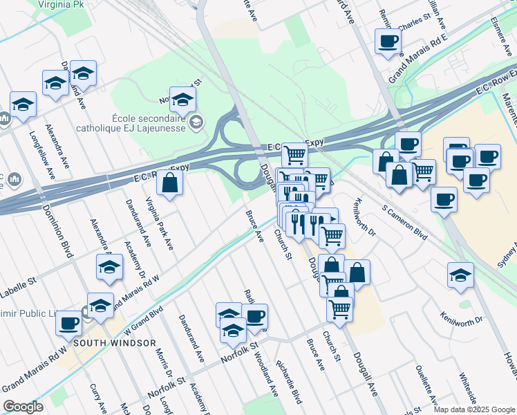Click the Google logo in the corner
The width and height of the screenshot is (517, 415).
pyautogui.click(x=23, y=407)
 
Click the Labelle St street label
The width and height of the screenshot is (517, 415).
pyautogui.click(x=18, y=283)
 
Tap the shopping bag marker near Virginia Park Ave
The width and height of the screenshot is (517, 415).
pyautogui.click(x=169, y=183)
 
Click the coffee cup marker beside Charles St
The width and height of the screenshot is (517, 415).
pyautogui.click(x=387, y=41)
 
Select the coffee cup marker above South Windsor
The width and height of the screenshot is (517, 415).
pyautogui.click(x=68, y=323)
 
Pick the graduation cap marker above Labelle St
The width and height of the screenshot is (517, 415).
pyautogui.click(x=109, y=268)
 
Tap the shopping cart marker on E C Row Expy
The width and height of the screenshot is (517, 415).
pyautogui.click(x=294, y=154)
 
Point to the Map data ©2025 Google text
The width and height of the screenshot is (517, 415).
pyautogui.click(x=474, y=409)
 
